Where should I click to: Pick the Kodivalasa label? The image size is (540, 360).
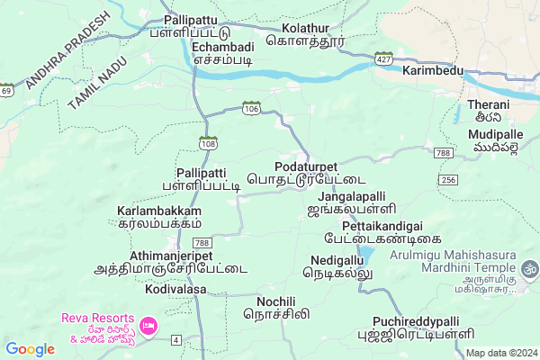[175, 290]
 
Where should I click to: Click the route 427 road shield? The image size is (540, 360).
[383, 58]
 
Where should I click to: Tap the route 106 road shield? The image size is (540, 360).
[250, 108]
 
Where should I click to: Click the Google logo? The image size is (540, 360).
[30, 349]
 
